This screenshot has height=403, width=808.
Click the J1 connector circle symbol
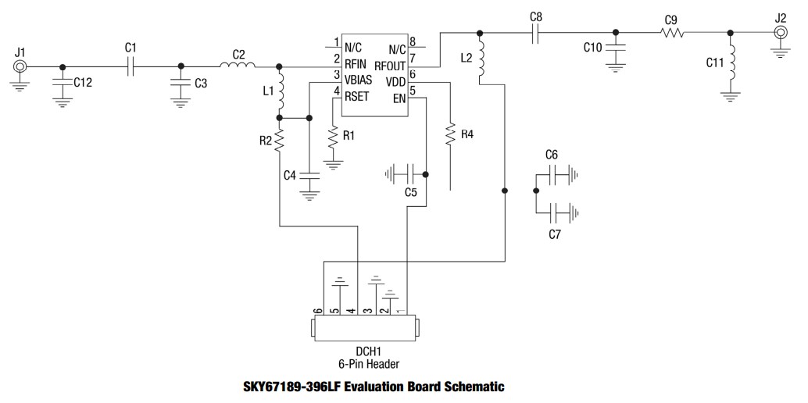coord(20,66)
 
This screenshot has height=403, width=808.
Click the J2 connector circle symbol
coord(780,32)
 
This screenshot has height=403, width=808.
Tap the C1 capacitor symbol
coord(131,66)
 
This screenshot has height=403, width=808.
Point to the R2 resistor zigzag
coord(279,141)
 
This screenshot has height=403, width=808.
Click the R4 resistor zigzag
coord(451,134)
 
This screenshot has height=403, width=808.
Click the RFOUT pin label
coord(390,66)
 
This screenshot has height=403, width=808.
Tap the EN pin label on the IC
coord(399,98)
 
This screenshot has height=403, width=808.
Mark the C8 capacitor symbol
coord(535,33)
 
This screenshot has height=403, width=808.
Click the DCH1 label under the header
coord(363,351)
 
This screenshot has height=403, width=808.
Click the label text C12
coord(83,82)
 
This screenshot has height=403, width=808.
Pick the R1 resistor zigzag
coord(334,137)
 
